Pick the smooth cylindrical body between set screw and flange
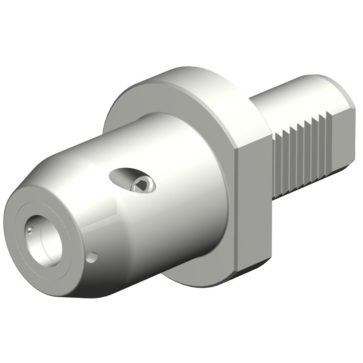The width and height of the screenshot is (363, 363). [x=187, y=200]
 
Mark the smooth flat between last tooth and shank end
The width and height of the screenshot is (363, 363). [x=342, y=140]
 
